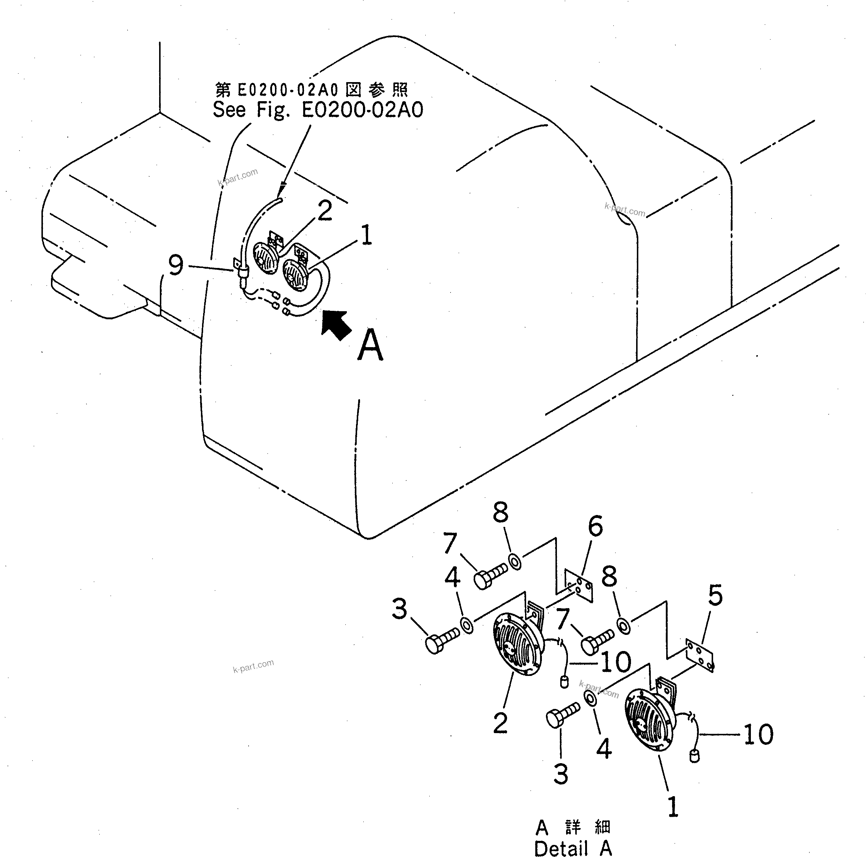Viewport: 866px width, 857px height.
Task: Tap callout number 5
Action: click(x=715, y=596)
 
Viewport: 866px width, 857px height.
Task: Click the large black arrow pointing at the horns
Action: click(x=337, y=325)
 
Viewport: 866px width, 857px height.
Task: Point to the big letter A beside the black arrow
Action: click(x=370, y=345)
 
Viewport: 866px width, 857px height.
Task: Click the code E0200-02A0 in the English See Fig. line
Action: click(x=362, y=110)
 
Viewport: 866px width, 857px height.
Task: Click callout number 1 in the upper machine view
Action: click(x=367, y=235)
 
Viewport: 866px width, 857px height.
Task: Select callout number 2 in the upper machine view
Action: click(x=325, y=211)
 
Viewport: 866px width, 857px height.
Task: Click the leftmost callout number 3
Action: click(x=399, y=609)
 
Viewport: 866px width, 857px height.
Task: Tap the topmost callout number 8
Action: click(x=501, y=512)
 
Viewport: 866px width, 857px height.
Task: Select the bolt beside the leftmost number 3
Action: click(x=441, y=641)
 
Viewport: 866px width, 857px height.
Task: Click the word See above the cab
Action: click(x=229, y=110)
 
